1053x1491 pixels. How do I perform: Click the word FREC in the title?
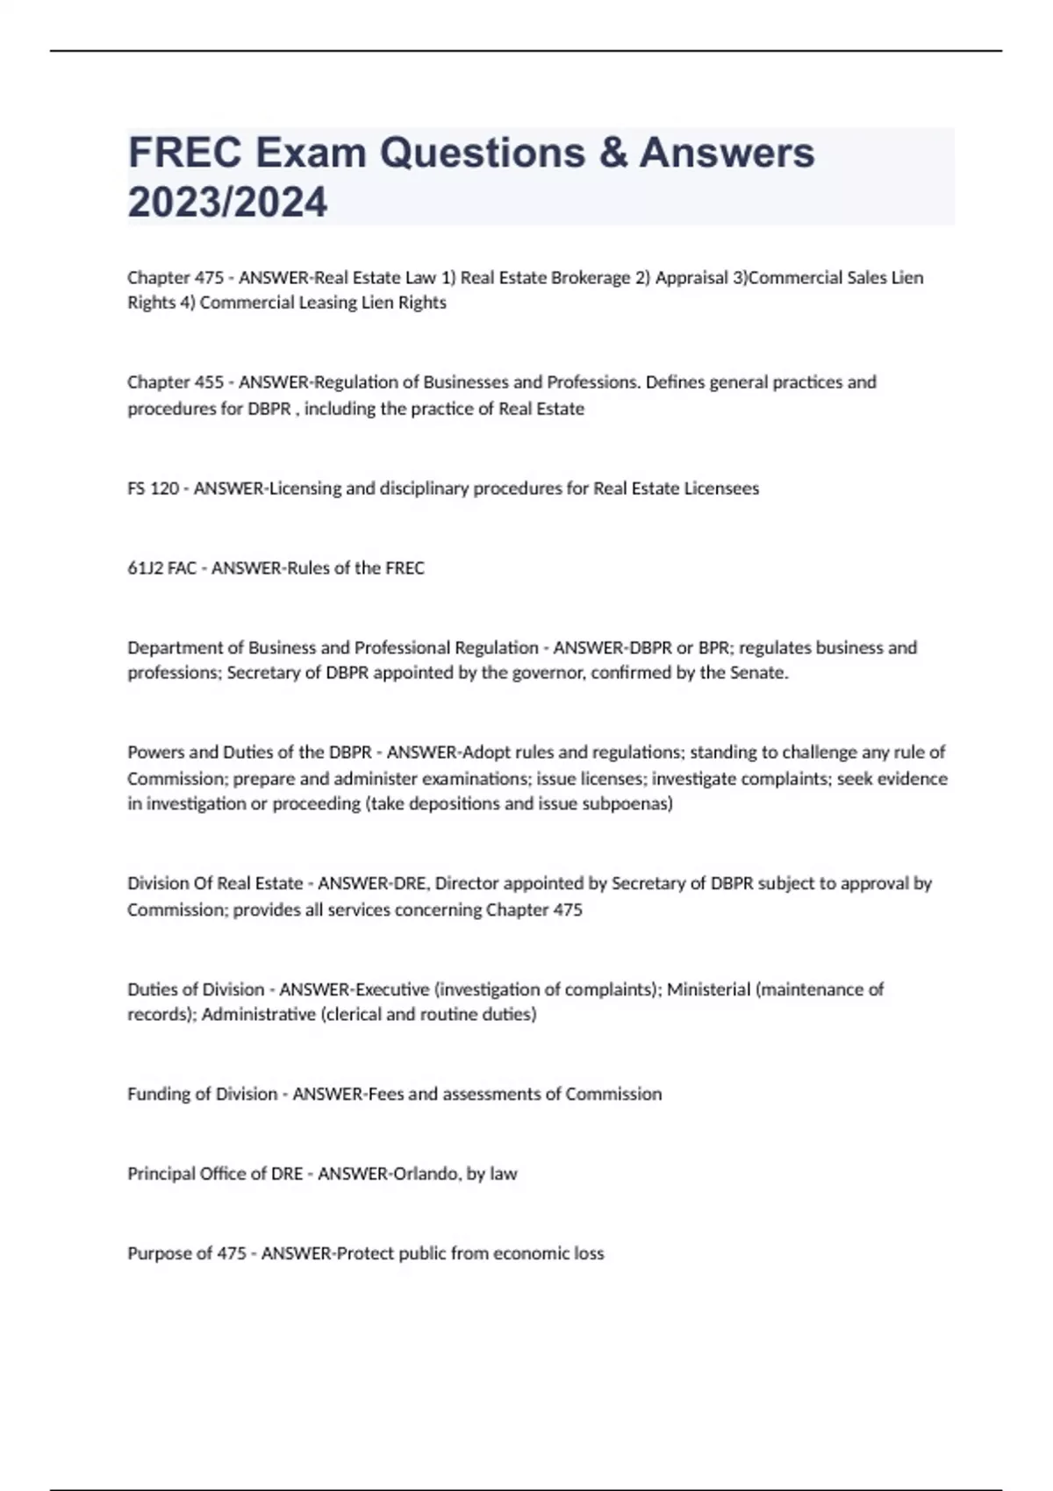pyautogui.click(x=185, y=153)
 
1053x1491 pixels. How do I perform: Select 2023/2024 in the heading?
pyautogui.click(x=227, y=203)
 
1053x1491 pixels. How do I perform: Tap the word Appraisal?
pyautogui.click(x=691, y=278)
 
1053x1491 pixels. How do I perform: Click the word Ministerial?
pyautogui.click(x=708, y=989)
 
